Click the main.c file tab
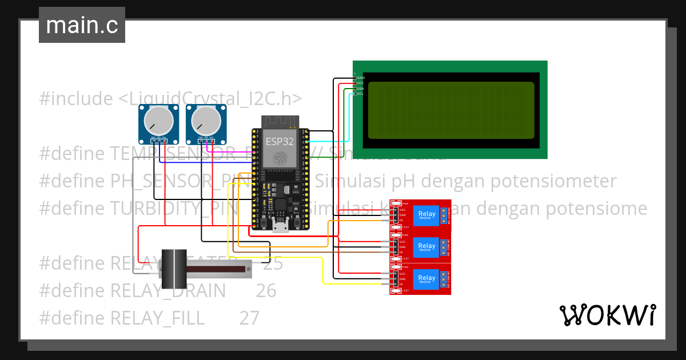(x=82, y=25)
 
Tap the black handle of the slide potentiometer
(x=174, y=269)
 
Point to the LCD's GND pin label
(x=361, y=78)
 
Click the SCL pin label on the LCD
(x=360, y=94)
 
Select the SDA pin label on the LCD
(x=360, y=89)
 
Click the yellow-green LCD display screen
(x=450, y=110)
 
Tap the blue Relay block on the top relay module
(x=427, y=215)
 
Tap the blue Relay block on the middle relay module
(x=427, y=247)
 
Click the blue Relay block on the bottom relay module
(x=427, y=279)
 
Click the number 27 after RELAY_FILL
(x=249, y=318)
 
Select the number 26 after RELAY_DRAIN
(x=266, y=291)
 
